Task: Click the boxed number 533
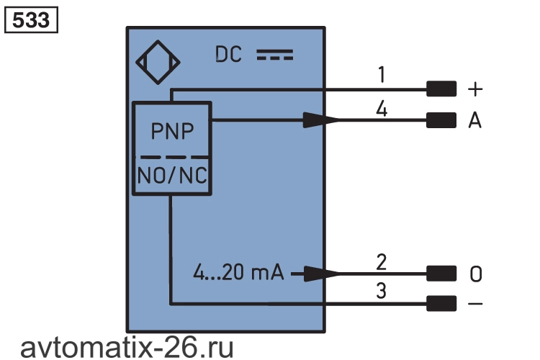tap(31, 20)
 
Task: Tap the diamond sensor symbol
tap(158, 63)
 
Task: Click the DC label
tap(228, 55)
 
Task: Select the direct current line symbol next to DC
tap(275, 55)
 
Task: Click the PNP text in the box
tap(172, 131)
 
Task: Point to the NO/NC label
tap(172, 176)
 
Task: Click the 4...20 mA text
tap(238, 272)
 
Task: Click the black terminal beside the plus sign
tap(441, 89)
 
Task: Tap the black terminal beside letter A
tap(441, 120)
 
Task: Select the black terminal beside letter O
tap(441, 274)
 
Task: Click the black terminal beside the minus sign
tap(441, 304)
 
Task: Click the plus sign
tap(475, 89)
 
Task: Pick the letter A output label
tap(475, 120)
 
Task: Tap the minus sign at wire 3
tap(475, 304)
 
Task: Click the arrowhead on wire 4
tap(321, 120)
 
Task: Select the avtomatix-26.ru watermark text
tap(127, 348)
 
